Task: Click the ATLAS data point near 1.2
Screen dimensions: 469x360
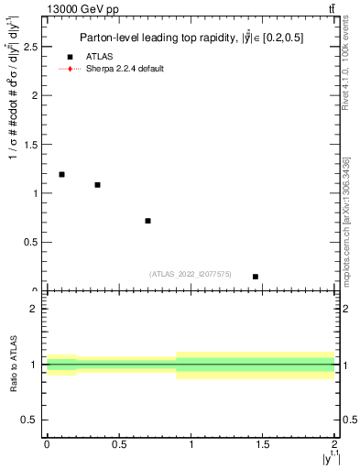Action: [61, 174]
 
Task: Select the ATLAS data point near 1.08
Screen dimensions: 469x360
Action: [97, 185]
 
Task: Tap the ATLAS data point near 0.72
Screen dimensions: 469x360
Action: [147, 221]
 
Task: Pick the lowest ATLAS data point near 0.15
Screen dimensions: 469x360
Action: [256, 276]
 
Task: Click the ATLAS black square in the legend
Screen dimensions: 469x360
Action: [70, 57]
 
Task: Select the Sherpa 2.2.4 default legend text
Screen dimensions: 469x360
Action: [126, 69]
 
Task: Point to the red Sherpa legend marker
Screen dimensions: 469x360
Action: [70, 69]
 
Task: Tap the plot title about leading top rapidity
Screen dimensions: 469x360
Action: [191, 37]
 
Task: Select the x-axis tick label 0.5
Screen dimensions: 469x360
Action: [118, 444]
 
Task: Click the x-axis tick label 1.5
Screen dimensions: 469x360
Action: [263, 444]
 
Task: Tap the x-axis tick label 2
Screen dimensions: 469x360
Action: [335, 444]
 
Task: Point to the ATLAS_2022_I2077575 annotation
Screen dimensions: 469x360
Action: [190, 273]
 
